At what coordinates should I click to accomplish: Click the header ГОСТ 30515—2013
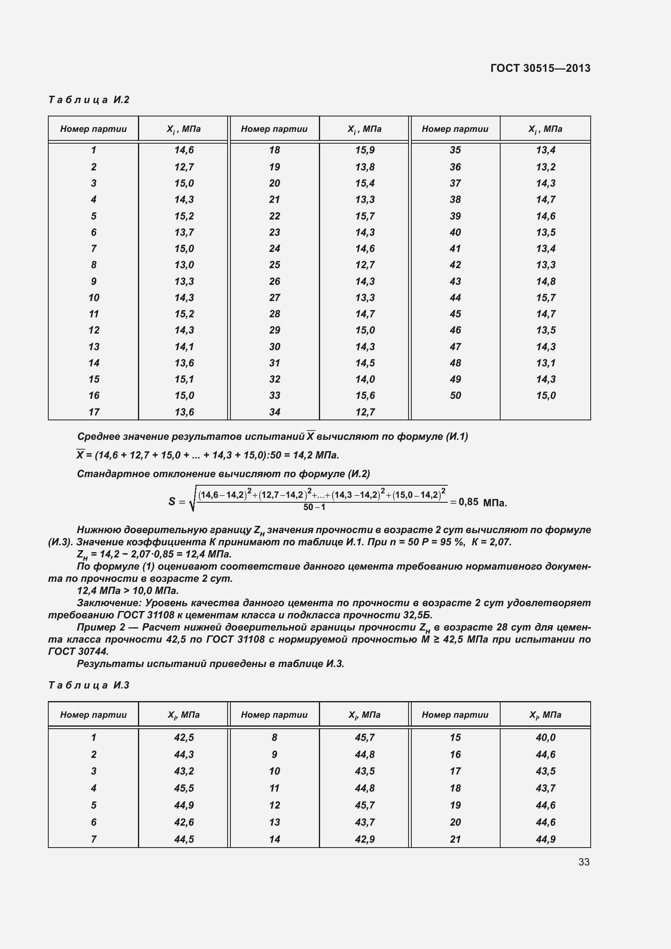(540, 68)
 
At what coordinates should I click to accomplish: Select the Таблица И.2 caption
(89, 100)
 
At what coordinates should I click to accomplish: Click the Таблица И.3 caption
(89, 685)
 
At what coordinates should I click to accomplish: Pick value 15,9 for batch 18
(365, 150)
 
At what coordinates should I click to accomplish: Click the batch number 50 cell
(455, 396)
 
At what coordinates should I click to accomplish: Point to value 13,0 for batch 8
(184, 265)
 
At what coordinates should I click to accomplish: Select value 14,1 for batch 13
(184, 347)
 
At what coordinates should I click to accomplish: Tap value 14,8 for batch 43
(545, 282)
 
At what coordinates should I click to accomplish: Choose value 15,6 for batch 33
(365, 396)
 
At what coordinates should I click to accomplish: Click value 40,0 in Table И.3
(545, 737)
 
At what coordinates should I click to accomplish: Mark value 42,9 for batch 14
(365, 839)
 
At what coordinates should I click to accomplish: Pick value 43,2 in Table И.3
(184, 771)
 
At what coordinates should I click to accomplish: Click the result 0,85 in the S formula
(468, 502)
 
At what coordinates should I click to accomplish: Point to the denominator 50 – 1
(314, 507)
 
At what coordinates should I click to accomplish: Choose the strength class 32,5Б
(417, 615)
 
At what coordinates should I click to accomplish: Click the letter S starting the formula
(172, 502)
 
